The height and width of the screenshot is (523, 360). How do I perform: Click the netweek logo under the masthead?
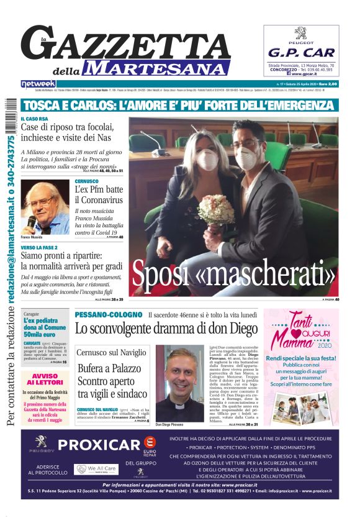click(x=38, y=84)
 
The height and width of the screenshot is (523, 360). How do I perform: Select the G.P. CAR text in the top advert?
click(x=301, y=53)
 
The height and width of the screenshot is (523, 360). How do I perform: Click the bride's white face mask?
click(x=206, y=160)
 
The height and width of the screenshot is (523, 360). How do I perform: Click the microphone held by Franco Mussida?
click(x=32, y=221)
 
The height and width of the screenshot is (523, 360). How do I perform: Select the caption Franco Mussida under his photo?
click(x=32, y=237)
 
